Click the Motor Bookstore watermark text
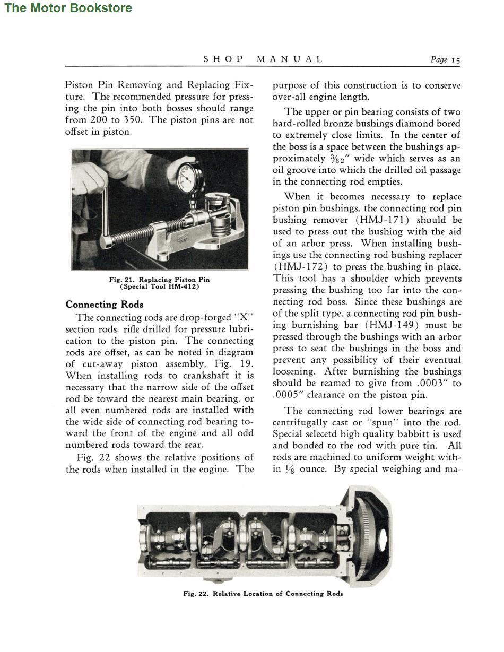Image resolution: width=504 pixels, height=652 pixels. click(68, 8)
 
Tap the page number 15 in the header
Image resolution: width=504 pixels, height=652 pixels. click(455, 60)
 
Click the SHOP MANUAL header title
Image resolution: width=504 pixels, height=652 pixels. click(263, 59)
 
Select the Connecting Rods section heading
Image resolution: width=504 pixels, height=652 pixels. click(105, 305)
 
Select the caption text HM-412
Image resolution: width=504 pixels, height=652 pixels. click(184, 286)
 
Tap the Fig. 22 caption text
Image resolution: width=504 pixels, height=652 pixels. click(263, 594)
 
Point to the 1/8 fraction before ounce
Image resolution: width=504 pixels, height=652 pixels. click(290, 469)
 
